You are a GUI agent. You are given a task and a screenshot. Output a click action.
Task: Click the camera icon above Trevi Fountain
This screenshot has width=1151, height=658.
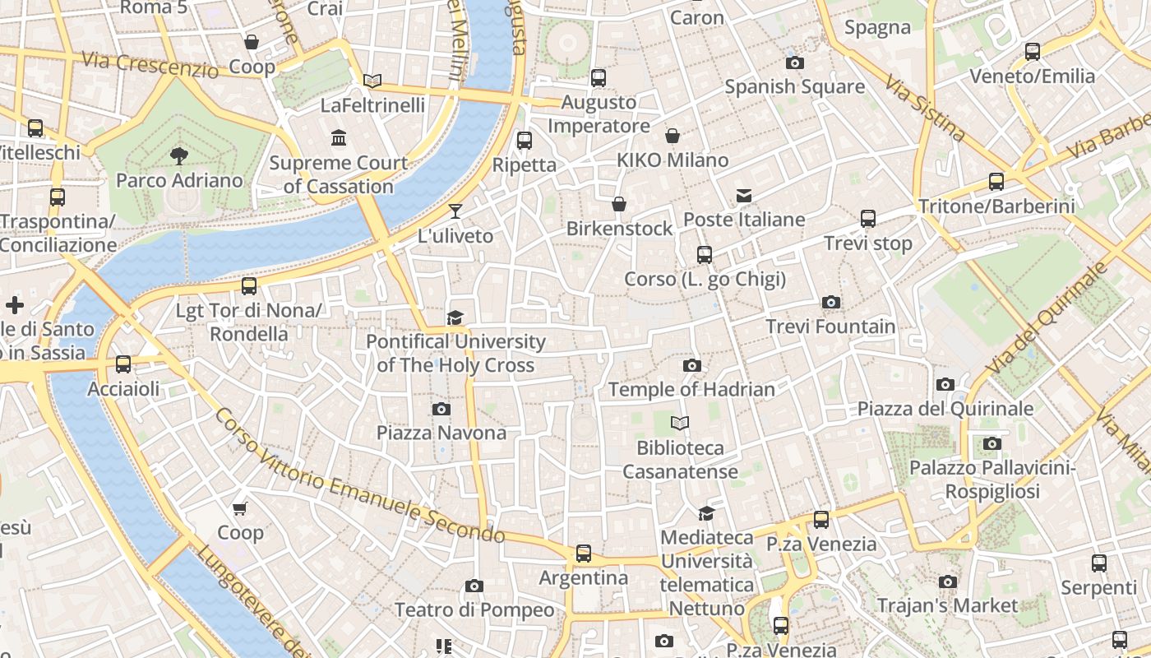coord(831,303)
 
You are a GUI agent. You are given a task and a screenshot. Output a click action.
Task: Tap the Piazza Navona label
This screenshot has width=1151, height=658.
coord(441,433)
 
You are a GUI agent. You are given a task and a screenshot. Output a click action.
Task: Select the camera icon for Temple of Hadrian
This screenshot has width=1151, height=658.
coord(692,365)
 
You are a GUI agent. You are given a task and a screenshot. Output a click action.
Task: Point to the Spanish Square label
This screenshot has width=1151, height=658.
coord(794,86)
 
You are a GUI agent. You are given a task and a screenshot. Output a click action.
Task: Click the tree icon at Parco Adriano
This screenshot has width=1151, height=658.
coord(178,155)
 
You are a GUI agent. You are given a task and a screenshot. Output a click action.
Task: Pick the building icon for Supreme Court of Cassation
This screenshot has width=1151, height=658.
coord(339,137)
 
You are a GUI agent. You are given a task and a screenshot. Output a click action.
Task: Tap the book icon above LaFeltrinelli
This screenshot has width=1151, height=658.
coord(372,81)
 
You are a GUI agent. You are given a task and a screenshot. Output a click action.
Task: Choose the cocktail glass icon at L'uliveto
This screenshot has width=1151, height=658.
coord(455,211)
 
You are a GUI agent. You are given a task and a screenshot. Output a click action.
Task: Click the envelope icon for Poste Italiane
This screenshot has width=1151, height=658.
coord(744,196)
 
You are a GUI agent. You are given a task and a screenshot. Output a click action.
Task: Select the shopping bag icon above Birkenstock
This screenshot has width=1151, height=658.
coord(619,204)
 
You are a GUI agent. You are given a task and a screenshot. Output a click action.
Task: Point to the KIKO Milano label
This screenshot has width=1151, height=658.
coord(673,160)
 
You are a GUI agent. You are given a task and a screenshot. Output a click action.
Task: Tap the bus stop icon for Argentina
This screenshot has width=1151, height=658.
coord(584,554)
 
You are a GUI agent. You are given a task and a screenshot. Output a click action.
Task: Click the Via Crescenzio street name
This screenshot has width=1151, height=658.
coord(150,64)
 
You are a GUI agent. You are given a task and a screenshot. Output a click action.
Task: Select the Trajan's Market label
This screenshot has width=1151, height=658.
coord(947,606)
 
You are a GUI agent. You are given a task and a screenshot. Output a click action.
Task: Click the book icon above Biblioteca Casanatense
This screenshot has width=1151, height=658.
coord(680,424)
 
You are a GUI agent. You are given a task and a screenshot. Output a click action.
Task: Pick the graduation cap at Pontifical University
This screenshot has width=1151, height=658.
coord(455,317)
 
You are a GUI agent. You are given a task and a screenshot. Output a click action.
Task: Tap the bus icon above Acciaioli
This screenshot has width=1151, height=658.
coord(123,364)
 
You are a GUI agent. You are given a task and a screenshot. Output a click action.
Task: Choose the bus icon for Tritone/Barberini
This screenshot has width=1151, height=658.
coord(996,182)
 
